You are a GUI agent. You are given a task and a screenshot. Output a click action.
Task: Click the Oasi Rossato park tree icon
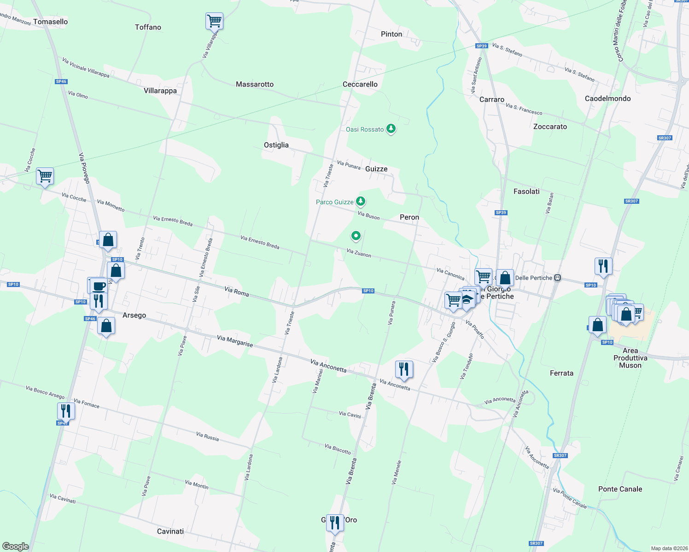pos(391,129)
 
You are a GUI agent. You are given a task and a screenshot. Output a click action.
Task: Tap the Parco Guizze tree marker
pos(361,201)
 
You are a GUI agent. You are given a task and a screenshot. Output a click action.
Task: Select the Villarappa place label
pos(160,91)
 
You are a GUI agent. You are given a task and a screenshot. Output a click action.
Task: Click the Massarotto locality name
pos(255,84)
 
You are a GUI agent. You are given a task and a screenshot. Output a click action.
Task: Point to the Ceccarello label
pos(360,84)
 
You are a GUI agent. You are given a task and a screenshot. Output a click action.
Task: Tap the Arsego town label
pos(134,315)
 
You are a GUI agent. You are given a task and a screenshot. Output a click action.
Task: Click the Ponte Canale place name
pos(620,489)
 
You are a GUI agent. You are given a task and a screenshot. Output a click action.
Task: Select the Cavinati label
pos(170,531)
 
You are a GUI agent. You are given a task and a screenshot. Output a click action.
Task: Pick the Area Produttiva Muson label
pos(630,358)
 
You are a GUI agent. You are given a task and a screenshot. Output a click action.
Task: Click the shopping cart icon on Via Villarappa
pos(214,21)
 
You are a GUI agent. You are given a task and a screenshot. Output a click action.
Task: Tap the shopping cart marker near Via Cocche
pos(45,176)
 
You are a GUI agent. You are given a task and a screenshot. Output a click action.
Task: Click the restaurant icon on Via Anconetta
pos(403,369)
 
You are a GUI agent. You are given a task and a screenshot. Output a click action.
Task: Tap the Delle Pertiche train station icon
pos(558,278)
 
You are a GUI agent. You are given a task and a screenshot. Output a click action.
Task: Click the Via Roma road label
pos(236,291)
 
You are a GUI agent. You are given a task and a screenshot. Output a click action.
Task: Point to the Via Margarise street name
pos(235,341)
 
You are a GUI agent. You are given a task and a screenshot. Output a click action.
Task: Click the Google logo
pos(15,546)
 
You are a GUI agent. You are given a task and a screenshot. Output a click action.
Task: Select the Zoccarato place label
pos(550,126)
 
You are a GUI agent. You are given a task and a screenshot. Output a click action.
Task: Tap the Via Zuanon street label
pos(359,253)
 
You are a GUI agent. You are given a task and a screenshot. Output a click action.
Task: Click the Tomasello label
pos(50,22)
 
